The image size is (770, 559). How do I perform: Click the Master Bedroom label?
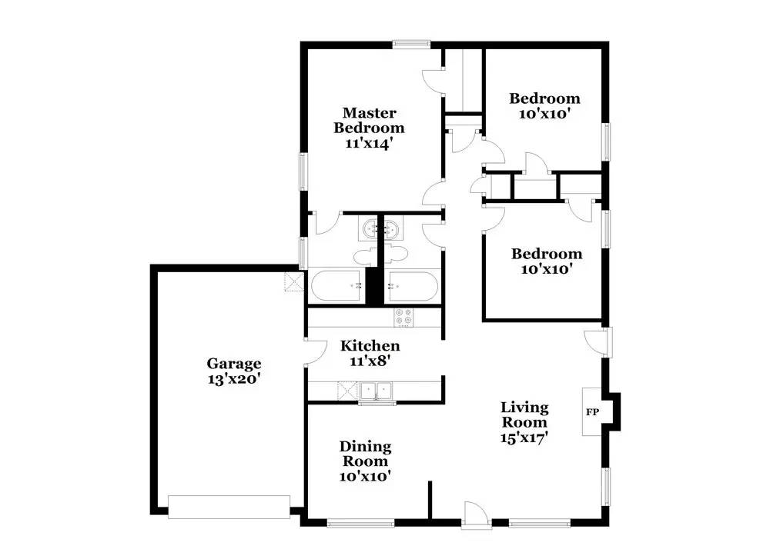pyautogui.click(x=373, y=121)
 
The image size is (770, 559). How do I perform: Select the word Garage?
pyautogui.click(x=233, y=364)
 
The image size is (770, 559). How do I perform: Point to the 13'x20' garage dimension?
pyautogui.click(x=233, y=379)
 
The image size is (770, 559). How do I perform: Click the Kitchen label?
pyautogui.click(x=370, y=346)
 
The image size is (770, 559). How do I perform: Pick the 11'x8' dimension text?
pyautogui.click(x=370, y=360)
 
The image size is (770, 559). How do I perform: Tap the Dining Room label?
pyautogui.click(x=366, y=454)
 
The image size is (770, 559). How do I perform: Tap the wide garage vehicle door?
pyautogui.click(x=229, y=507)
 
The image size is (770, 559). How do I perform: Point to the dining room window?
pyautogui.click(x=361, y=524)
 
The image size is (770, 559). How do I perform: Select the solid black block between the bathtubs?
pyautogui.click(x=374, y=285)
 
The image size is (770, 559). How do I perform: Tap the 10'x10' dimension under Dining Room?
pyautogui.click(x=366, y=477)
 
